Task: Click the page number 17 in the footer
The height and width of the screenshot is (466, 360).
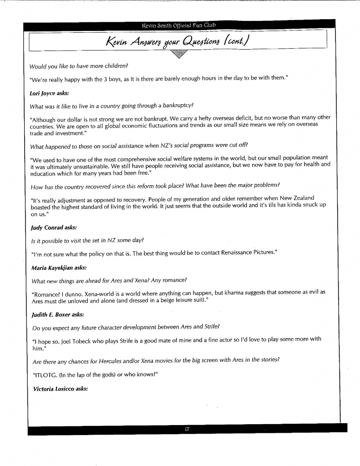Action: tap(187, 429)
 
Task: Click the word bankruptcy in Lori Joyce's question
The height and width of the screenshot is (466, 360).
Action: tap(175, 106)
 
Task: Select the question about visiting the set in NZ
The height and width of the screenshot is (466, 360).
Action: tap(89, 240)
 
